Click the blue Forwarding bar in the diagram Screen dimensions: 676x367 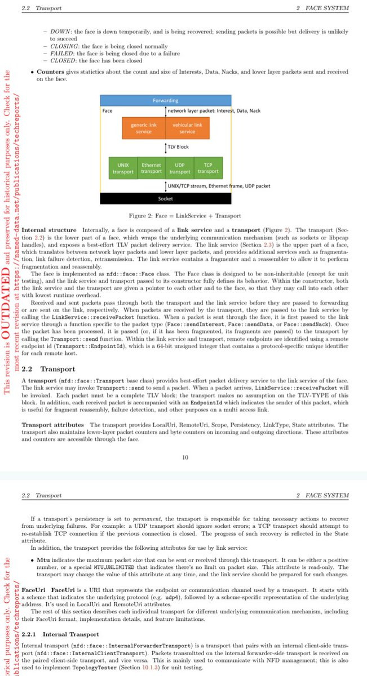pyautogui.click(x=165, y=100)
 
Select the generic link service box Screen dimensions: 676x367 pyautogui.click(x=143, y=128)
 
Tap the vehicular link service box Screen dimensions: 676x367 pyautogui.click(x=187, y=128)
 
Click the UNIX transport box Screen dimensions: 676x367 pyautogui.click(x=123, y=168)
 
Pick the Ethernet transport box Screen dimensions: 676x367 pyautogui.click(x=151, y=168)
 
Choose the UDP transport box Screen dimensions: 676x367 pyautogui.click(x=180, y=168)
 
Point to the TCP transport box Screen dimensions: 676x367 pyautogui.click(x=208, y=168)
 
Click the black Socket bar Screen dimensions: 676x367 pyautogui.click(x=165, y=198)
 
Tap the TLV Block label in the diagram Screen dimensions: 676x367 pyautogui.click(x=179, y=146)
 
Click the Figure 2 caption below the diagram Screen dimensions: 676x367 pyautogui.click(x=177, y=216)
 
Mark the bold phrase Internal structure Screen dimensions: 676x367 pyautogui.click(x=48, y=230)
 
